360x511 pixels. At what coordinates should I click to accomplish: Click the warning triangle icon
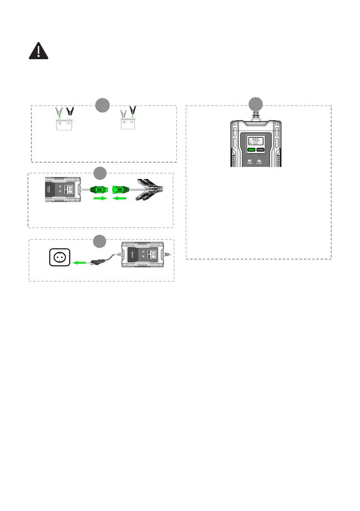[x=39, y=51]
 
